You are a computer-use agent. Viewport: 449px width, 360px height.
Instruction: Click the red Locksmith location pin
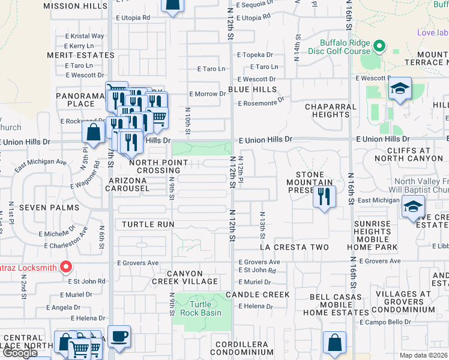67,267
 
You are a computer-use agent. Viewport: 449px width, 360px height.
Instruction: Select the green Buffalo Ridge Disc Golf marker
379,46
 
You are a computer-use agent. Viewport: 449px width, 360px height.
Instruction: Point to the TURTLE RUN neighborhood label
148,224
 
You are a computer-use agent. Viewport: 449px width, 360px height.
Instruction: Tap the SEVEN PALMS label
49,208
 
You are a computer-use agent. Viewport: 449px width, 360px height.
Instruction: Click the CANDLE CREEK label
258,295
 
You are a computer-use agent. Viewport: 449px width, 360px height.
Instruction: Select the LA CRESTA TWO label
294,247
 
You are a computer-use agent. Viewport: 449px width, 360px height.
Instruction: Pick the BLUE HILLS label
252,89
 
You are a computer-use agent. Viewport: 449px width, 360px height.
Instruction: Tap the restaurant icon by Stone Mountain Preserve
324,197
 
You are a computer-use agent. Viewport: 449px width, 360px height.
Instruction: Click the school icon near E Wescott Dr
399,89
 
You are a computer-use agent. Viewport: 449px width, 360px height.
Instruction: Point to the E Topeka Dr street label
255,55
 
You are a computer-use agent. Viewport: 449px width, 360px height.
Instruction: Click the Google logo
20,353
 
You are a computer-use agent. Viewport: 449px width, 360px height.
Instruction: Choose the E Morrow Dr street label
207,94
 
